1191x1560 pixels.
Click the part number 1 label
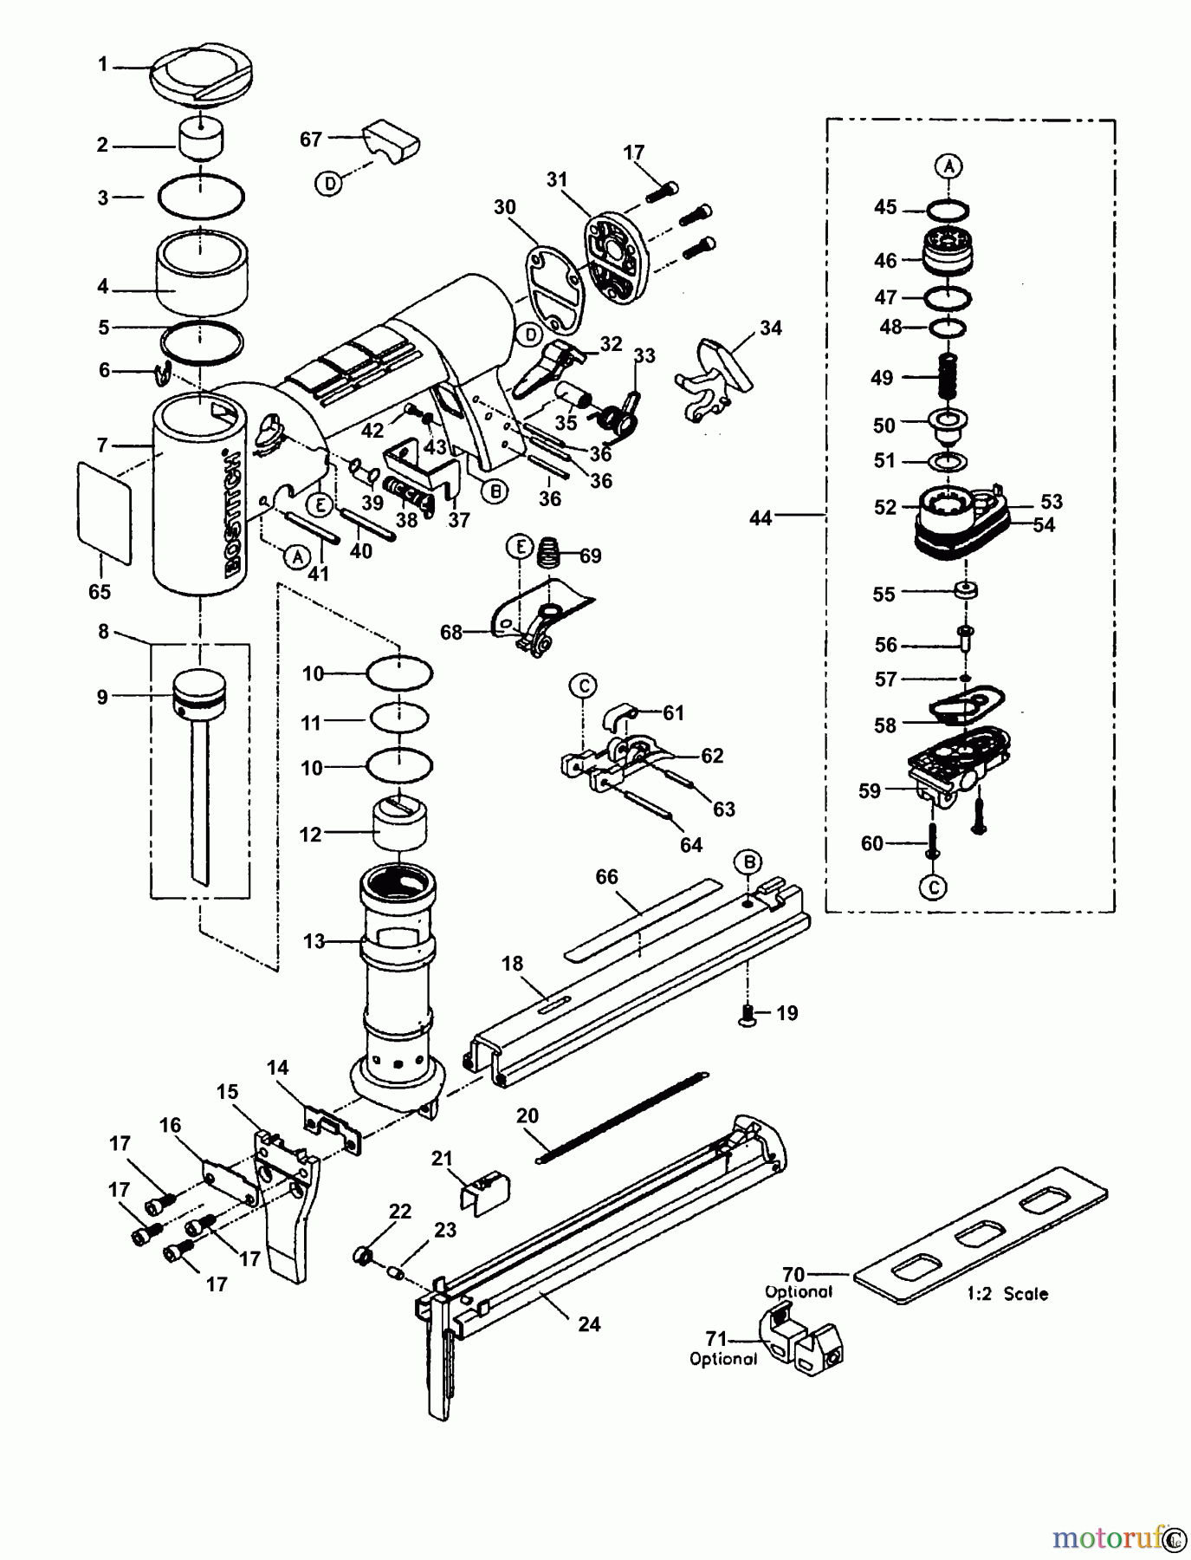coord(102,64)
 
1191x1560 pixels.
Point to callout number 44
coord(760,517)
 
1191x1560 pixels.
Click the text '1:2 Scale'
coord(1007,1294)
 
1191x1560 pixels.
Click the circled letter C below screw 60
coord(934,886)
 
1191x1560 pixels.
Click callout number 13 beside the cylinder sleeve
coord(314,941)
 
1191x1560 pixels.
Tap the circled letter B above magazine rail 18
coord(748,861)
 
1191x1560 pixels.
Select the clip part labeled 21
coord(482,1189)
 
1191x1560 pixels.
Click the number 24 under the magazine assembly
coord(589,1323)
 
